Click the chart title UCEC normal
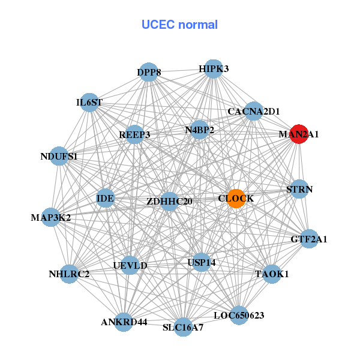[179, 25]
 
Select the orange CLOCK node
[236, 199]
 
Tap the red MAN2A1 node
[298, 135]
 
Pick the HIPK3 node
[214, 69]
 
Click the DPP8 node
[149, 73]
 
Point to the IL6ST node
[89, 103]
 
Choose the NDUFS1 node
[59, 157]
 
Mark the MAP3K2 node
[52, 217]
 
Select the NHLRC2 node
[70, 274]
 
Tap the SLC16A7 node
[183, 328]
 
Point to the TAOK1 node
[272, 274]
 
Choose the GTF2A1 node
[309, 239]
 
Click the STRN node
[299, 190]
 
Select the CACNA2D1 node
[254, 111]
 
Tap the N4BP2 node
[200, 130]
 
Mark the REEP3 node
[134, 134]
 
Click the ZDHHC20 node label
[169, 202]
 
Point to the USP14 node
[201, 262]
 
